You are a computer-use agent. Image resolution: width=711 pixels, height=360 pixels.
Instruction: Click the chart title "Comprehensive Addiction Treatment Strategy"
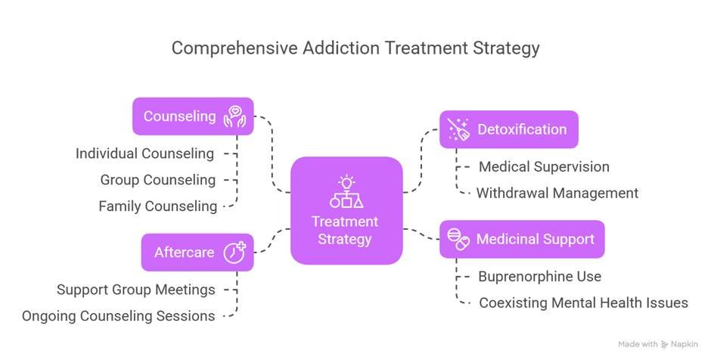[355, 48]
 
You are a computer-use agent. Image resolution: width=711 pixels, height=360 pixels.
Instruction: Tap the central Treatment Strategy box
[346, 210]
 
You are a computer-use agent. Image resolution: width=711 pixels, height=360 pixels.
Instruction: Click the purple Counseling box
[193, 116]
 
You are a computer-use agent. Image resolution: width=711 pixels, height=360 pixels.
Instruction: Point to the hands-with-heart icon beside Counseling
[234, 116]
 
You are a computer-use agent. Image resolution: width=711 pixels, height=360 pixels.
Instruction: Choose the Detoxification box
[508, 129]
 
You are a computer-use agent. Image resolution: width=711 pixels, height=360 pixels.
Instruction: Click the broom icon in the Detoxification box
[458, 129]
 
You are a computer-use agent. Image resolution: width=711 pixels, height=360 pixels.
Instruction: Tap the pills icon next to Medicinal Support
[458, 239]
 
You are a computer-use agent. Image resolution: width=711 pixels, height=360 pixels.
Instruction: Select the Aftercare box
[197, 252]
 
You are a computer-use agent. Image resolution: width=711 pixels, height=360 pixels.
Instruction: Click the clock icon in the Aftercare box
[234, 252]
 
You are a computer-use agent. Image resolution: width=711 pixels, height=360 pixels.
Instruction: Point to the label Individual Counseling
[144, 154]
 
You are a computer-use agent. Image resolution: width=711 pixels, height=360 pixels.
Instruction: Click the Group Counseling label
[157, 180]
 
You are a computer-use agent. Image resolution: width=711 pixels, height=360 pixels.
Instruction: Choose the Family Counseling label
[157, 206]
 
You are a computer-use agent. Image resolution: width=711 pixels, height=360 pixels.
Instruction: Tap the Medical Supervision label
[543, 166]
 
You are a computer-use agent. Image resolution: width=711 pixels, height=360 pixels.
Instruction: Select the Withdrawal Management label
[557, 193]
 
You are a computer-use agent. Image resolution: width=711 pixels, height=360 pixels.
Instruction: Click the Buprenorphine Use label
[539, 276]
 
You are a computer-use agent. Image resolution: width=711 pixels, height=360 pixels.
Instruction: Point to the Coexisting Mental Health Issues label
[583, 303]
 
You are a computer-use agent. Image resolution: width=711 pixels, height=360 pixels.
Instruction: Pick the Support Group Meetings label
[135, 290]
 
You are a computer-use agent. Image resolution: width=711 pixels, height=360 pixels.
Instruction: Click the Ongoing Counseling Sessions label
[118, 315]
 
